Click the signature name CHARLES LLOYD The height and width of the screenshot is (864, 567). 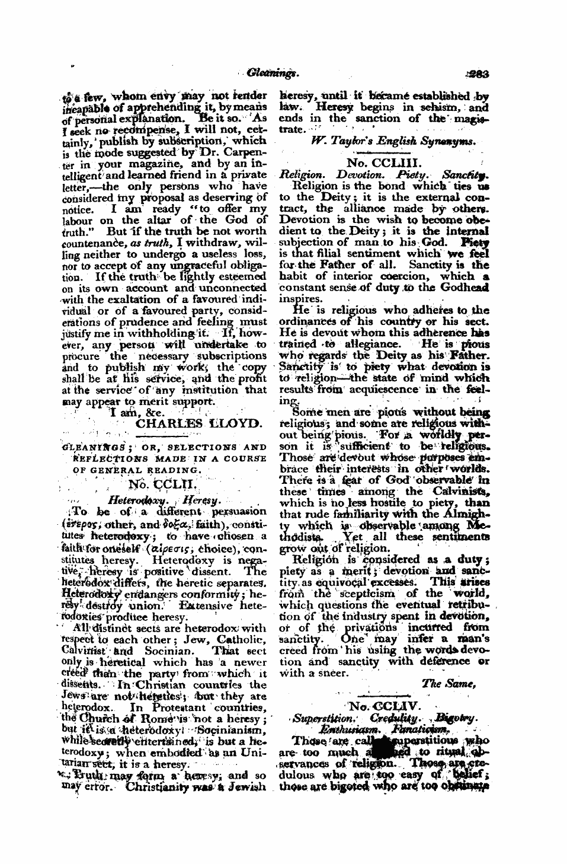point(182,423)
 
